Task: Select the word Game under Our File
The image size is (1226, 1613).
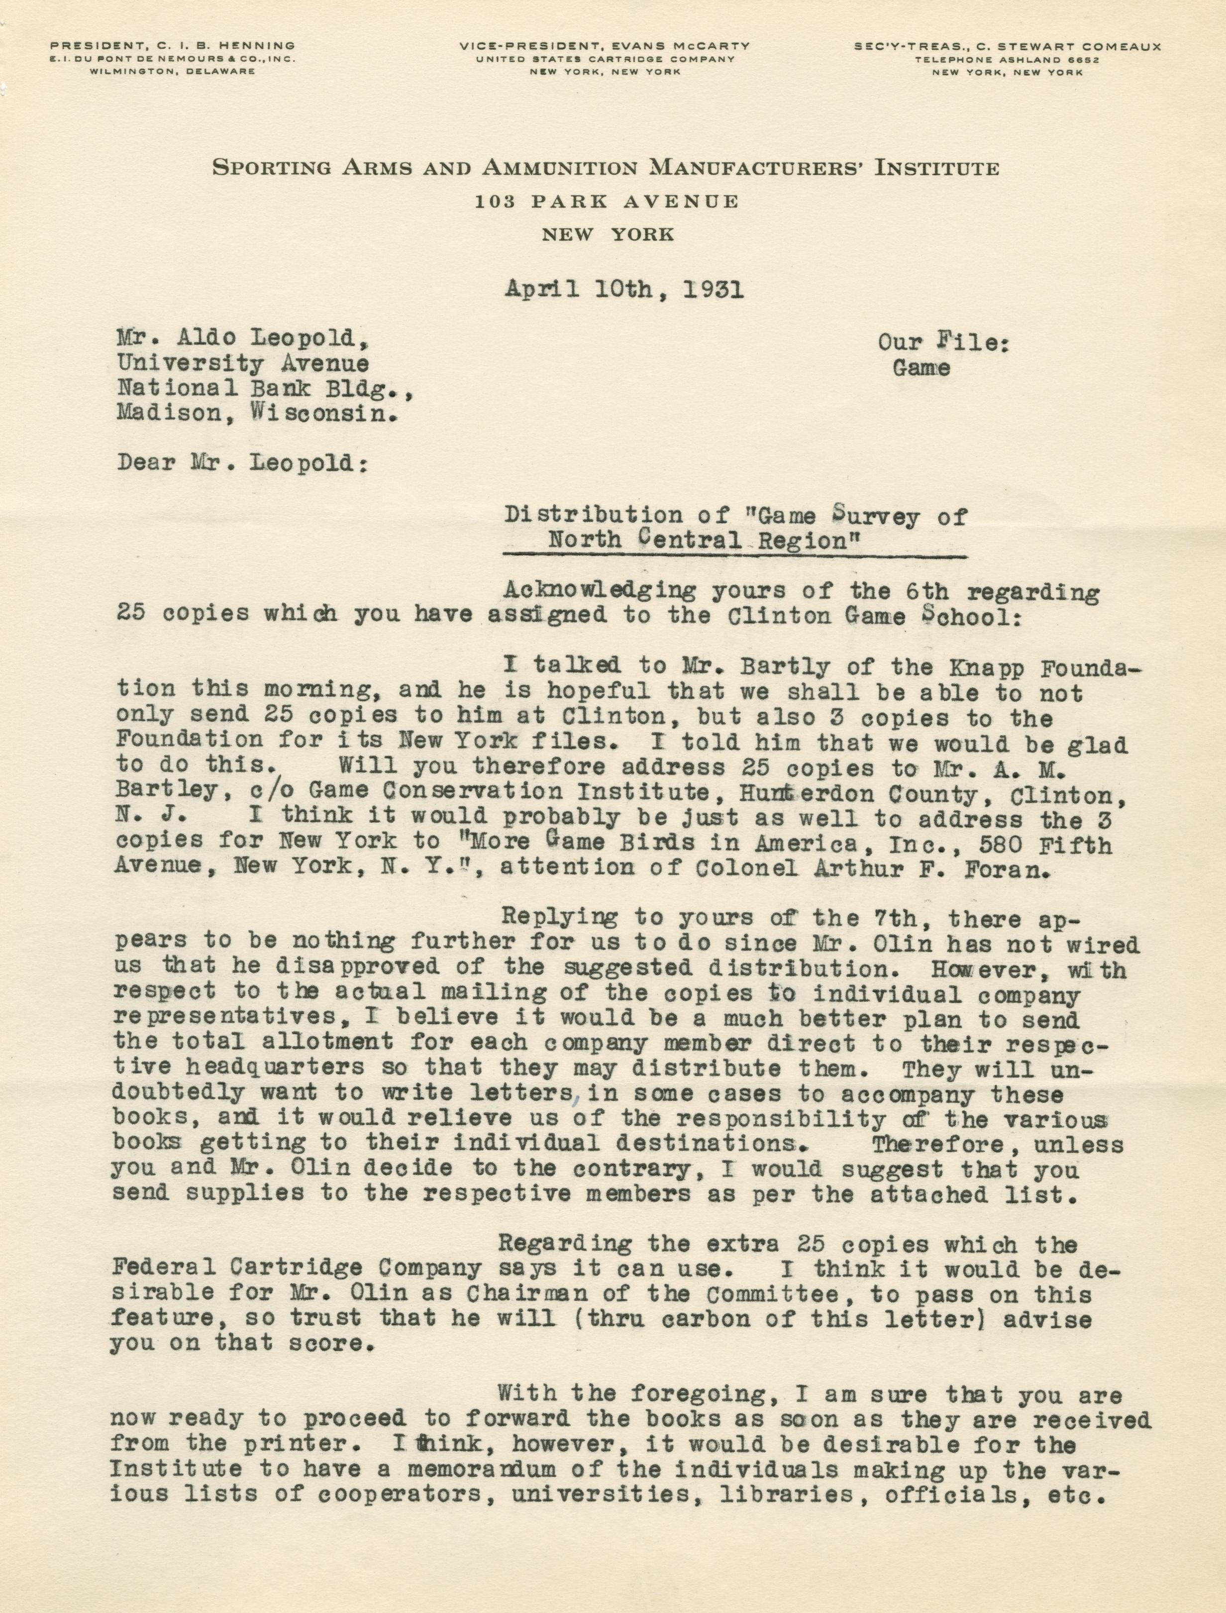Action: pos(921,369)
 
